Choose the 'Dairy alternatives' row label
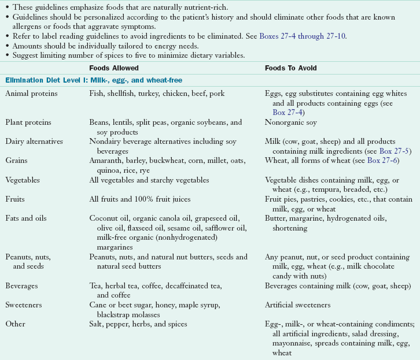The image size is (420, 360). click(34, 141)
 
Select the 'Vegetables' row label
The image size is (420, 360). click(23, 180)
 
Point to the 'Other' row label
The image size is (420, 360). click(15, 324)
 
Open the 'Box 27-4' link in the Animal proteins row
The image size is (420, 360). click(288, 112)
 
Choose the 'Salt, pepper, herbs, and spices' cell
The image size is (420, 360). click(138, 324)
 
